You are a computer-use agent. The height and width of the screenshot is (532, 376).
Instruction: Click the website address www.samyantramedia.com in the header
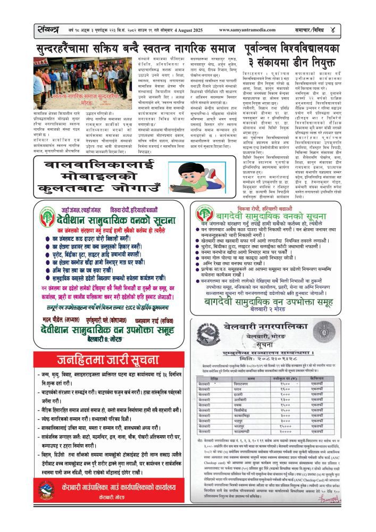click(x=250, y=30)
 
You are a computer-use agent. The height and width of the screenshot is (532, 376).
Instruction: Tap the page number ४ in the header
click(x=362, y=30)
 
